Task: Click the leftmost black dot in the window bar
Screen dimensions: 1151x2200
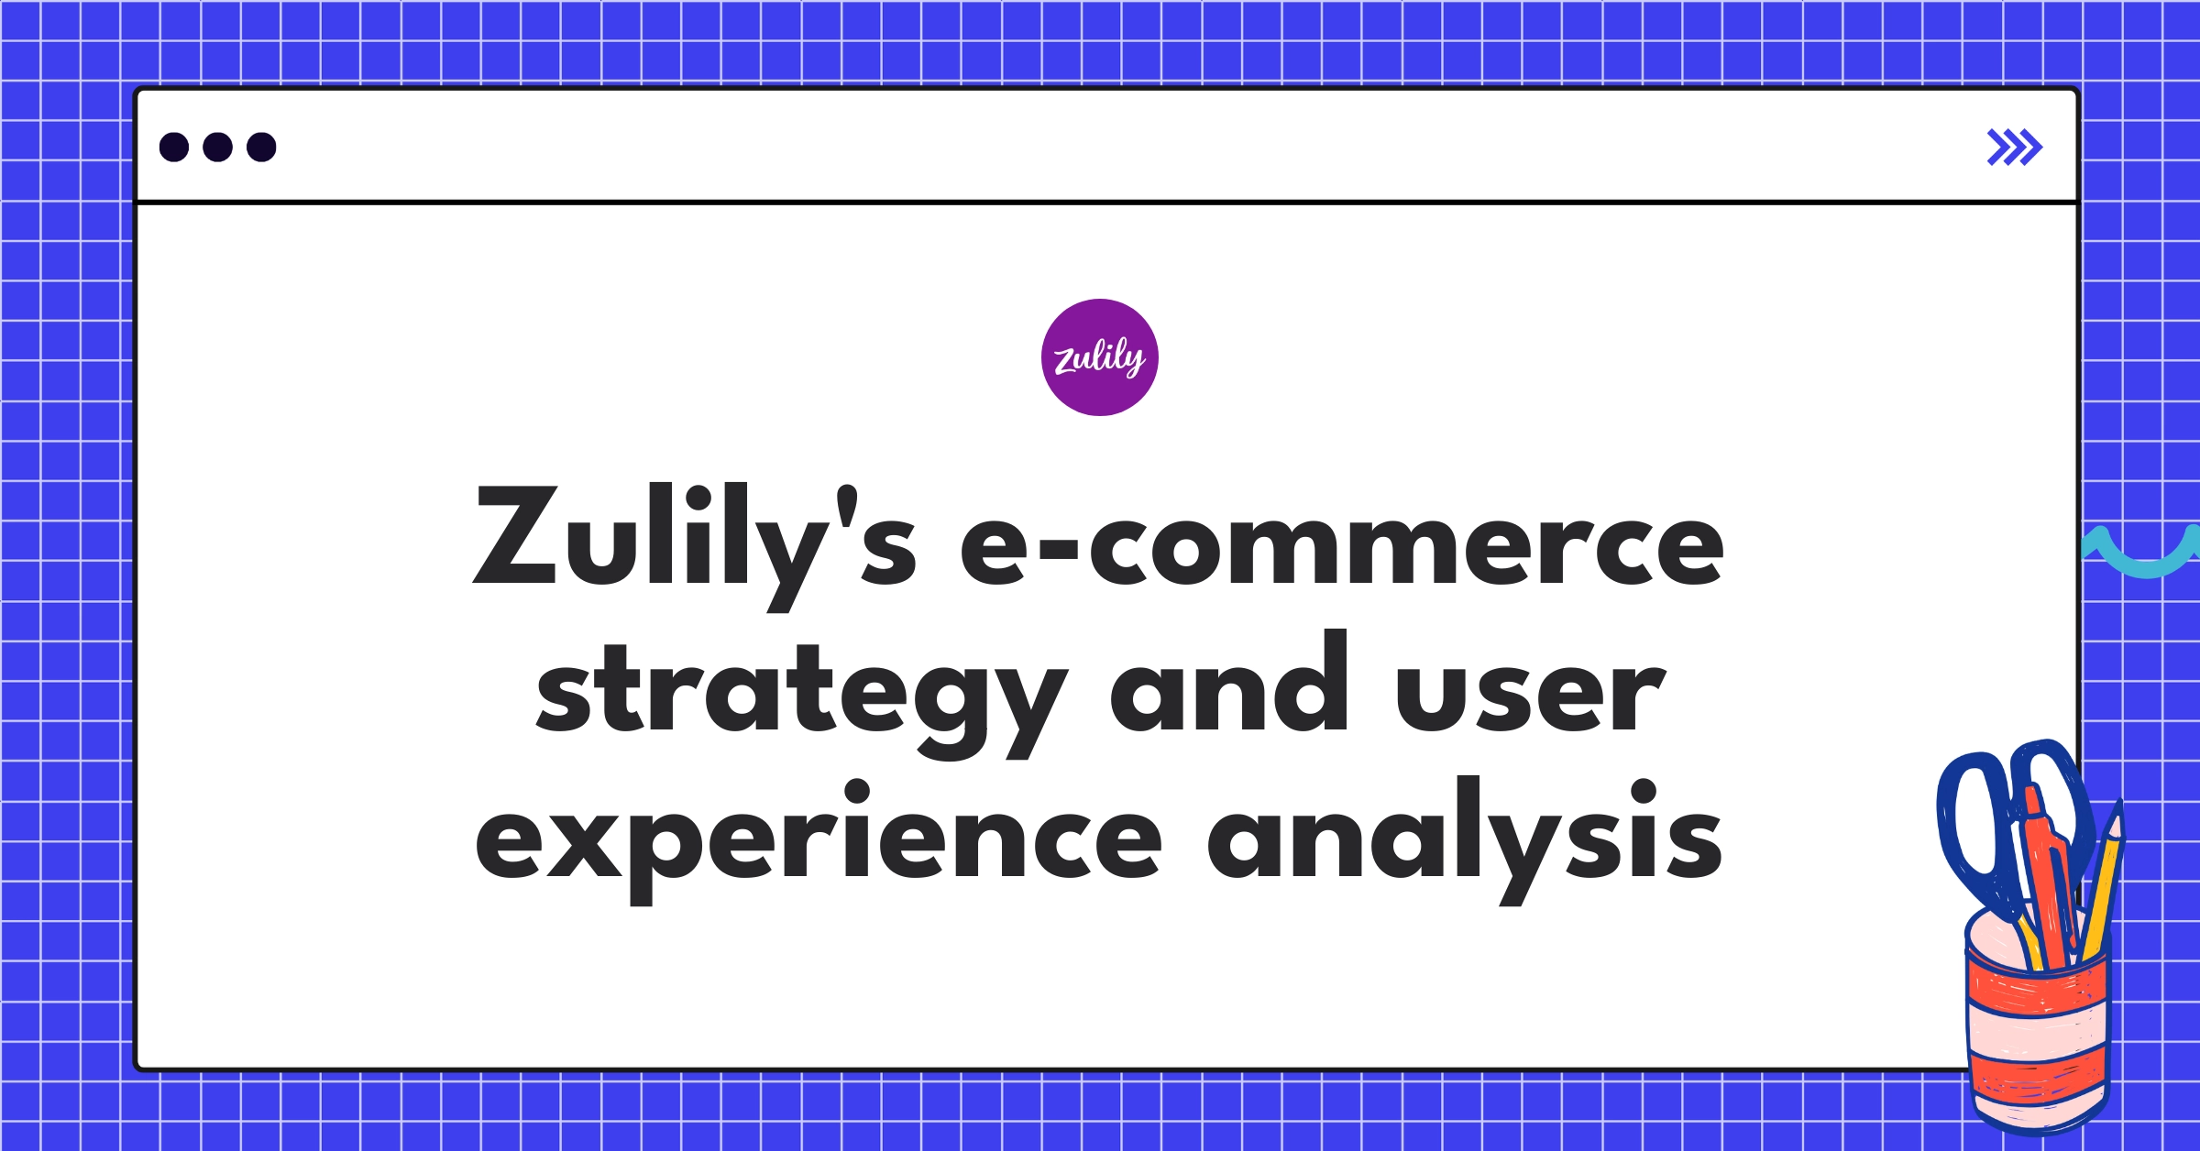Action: [174, 147]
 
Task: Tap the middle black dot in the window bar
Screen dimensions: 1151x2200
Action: [217, 147]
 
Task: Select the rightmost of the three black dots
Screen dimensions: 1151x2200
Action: [261, 147]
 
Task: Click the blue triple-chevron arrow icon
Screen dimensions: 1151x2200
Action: [2014, 148]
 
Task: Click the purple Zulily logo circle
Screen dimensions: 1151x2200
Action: [1099, 357]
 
